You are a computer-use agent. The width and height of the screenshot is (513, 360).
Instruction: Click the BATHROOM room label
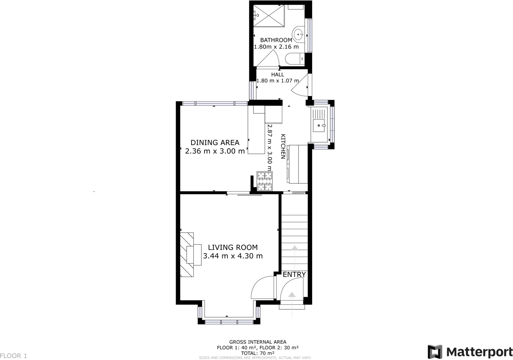tap(276, 40)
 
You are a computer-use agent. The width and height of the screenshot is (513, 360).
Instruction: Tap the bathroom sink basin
tap(298, 35)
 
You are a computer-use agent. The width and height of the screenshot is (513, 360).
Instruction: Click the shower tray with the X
tap(269, 16)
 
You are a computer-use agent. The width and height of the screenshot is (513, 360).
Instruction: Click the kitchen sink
tap(319, 125)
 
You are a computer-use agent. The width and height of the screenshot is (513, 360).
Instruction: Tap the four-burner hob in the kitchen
tap(265, 181)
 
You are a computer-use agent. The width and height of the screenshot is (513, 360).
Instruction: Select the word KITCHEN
tap(283, 147)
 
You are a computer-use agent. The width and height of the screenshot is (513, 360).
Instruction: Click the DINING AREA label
tap(215, 143)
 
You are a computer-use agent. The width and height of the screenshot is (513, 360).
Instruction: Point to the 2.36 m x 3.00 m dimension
tap(215, 151)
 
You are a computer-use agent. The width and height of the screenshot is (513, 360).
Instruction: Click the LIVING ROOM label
tap(233, 247)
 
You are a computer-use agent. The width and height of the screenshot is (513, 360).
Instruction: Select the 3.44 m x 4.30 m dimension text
tap(233, 256)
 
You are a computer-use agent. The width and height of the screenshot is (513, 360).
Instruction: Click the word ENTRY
tap(294, 275)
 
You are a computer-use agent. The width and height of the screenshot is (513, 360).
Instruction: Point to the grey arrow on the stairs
tap(295, 248)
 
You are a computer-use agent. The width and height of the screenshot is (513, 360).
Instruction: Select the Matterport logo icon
tap(435, 352)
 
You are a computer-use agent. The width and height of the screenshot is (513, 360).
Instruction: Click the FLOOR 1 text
tap(13, 356)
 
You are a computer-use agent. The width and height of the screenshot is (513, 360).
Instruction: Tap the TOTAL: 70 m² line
tap(257, 353)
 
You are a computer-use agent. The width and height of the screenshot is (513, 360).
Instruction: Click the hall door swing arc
tap(300, 87)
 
